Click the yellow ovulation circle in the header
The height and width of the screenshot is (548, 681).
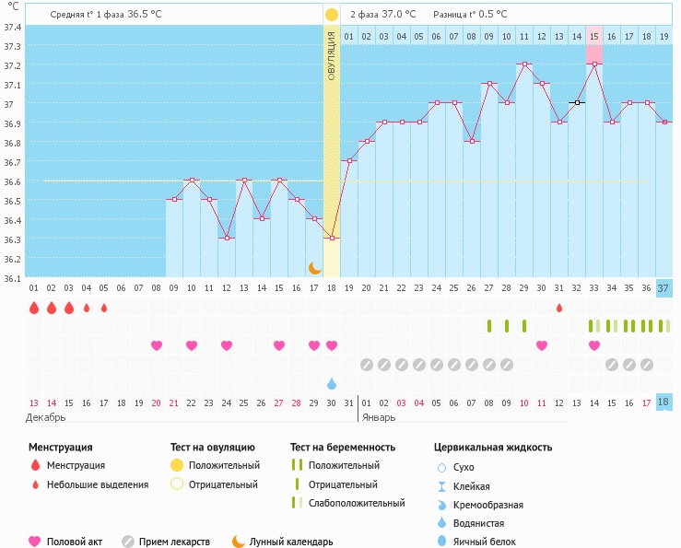pyautogui.click(x=332, y=15)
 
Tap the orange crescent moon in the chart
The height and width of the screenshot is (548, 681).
pyautogui.click(x=314, y=268)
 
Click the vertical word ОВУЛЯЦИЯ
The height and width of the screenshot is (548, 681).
pyautogui.click(x=332, y=56)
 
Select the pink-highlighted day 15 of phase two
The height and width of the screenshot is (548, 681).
pyautogui.click(x=594, y=37)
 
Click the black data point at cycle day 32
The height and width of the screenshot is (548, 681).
pyautogui.click(x=577, y=102)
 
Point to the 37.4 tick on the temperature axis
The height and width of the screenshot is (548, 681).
pyautogui.click(x=13, y=27)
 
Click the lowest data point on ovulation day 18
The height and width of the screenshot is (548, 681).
pyautogui.click(x=332, y=238)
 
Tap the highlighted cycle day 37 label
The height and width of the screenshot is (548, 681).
pyautogui.click(x=663, y=288)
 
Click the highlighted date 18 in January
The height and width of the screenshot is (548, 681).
pyautogui.click(x=663, y=402)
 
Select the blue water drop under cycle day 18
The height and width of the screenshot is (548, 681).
pyautogui.click(x=332, y=383)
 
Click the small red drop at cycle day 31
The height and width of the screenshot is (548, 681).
pyautogui.click(x=559, y=308)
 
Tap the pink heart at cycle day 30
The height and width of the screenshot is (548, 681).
pyautogui.click(x=542, y=345)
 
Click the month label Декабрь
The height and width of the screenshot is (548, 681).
pyautogui.click(x=45, y=418)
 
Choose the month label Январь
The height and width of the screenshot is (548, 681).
pyautogui.click(x=379, y=418)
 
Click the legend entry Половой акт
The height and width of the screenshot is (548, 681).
pyautogui.click(x=75, y=542)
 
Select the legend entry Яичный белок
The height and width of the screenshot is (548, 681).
pyautogui.click(x=485, y=542)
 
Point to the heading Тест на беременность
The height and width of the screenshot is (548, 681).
pyautogui.click(x=343, y=448)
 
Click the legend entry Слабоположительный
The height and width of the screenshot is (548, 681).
pyautogui.click(x=357, y=503)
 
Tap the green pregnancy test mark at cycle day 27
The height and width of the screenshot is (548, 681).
pyautogui.click(x=489, y=326)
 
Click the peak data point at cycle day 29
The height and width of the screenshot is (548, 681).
pyautogui.click(x=524, y=64)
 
